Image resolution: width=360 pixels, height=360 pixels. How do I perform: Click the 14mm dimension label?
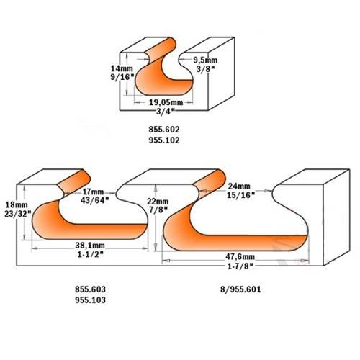122,68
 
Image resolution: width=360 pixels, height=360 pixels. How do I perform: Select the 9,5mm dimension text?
205,60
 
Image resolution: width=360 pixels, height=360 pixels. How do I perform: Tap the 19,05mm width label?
166,102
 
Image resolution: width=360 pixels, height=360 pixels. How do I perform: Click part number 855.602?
164,130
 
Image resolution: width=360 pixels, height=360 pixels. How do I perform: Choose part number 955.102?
164,140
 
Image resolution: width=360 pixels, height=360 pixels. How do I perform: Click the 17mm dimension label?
93,192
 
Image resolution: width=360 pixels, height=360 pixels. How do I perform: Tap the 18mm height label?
17,204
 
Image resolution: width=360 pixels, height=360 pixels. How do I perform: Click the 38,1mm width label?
90,246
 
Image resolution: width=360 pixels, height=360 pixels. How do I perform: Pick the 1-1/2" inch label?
91,254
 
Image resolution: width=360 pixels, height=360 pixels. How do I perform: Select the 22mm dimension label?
158,201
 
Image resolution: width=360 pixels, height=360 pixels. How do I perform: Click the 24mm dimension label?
239,186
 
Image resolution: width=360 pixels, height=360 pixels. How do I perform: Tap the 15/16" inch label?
240,195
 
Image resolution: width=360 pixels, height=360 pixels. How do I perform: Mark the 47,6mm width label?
240,256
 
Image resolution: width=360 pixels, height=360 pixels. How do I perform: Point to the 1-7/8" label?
240,266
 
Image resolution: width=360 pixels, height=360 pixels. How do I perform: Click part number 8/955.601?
240,289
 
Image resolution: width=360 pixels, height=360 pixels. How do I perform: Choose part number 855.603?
90,289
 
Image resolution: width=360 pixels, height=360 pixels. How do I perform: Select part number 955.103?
90,300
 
